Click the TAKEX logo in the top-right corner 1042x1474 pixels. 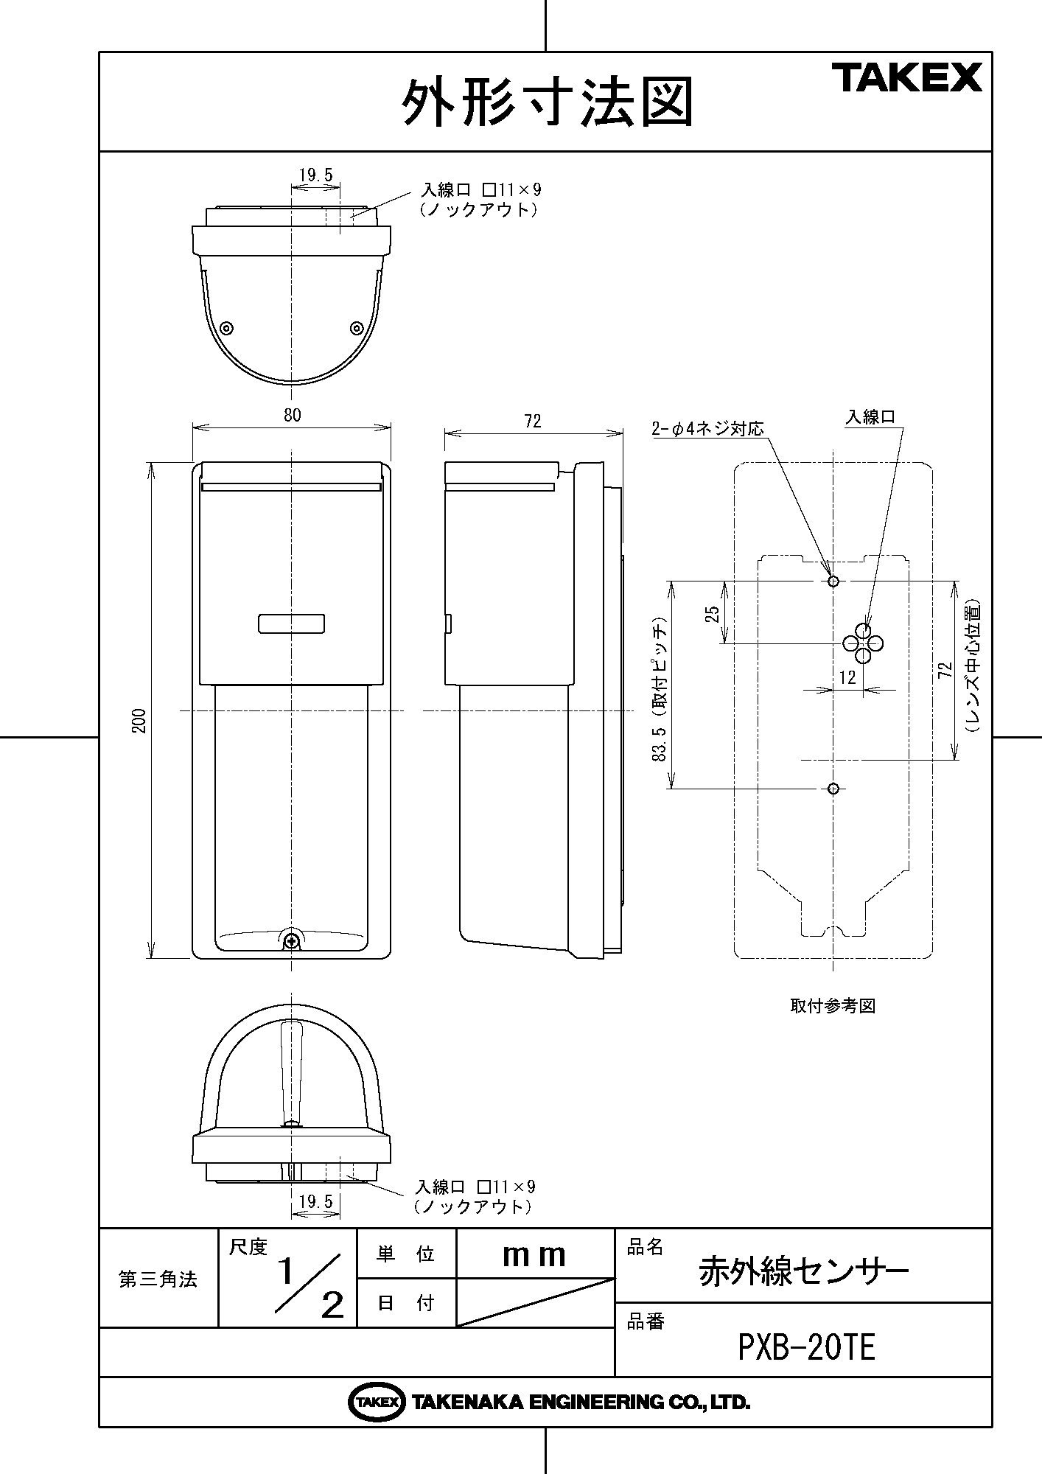coord(907,77)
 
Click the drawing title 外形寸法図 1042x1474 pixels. coord(547,102)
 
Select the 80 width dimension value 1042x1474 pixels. coord(292,416)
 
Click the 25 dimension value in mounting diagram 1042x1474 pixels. coord(712,614)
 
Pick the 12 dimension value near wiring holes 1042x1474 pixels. coord(847,677)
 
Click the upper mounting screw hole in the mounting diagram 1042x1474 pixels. coord(833,581)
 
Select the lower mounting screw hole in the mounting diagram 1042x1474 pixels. coord(833,789)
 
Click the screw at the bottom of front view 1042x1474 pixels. coord(293,940)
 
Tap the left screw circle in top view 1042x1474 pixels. coord(227,328)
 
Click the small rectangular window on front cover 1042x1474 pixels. coord(292,623)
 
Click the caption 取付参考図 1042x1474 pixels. coord(832,1006)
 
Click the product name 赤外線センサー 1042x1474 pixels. coord(804,1271)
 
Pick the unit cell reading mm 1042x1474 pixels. coord(534,1255)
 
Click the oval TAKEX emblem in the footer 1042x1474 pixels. coord(376,1402)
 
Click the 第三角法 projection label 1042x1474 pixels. coord(158,1279)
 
